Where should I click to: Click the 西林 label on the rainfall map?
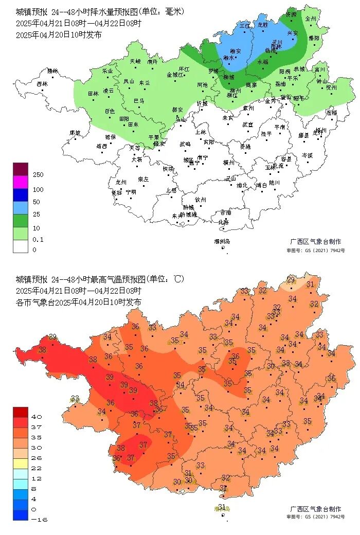pos(42,84)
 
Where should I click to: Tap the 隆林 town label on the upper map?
pos(53,71)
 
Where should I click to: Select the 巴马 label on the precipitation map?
pos(139,100)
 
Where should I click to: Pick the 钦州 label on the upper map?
pos(200,200)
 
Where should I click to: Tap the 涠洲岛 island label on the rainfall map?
pos(222,241)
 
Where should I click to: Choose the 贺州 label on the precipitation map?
pos(331,87)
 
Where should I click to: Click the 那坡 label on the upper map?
pos(76,133)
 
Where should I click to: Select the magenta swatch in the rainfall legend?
pos(21,182)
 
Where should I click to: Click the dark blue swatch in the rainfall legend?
pos(21,194)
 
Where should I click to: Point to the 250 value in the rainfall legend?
pos(38,175)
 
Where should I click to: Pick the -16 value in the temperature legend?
pos(39,520)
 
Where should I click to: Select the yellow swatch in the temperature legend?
pos(21,463)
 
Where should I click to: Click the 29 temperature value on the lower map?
pos(291,280)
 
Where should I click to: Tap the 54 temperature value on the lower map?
pos(181,385)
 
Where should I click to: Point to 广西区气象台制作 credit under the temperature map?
pos(315,509)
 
